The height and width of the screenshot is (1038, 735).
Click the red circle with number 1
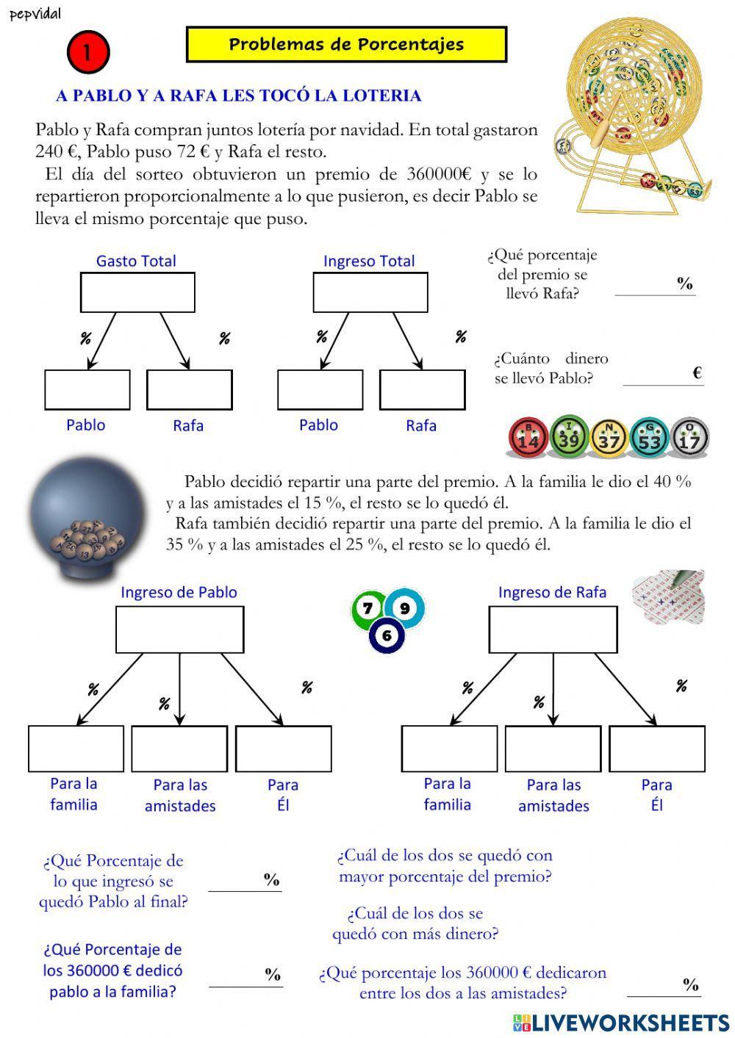(x=88, y=52)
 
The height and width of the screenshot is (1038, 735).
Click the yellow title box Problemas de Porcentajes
(x=346, y=45)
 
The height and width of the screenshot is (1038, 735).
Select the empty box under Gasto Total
(x=137, y=292)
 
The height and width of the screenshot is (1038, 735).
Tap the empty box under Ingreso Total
(x=370, y=292)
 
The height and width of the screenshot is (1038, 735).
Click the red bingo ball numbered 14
(x=528, y=438)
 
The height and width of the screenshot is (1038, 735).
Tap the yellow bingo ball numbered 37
(x=609, y=438)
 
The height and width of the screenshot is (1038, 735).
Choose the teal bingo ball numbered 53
(x=649, y=438)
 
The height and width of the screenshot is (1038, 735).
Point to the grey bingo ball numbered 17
(x=689, y=438)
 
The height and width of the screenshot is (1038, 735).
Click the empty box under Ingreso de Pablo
(x=180, y=630)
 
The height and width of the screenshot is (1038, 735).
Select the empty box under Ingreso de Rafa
(x=553, y=630)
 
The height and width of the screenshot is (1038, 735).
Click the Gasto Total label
(x=136, y=261)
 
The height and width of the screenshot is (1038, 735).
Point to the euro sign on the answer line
(x=697, y=372)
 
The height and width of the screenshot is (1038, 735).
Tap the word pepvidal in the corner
(x=35, y=14)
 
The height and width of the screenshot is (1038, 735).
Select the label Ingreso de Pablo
(x=179, y=592)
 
